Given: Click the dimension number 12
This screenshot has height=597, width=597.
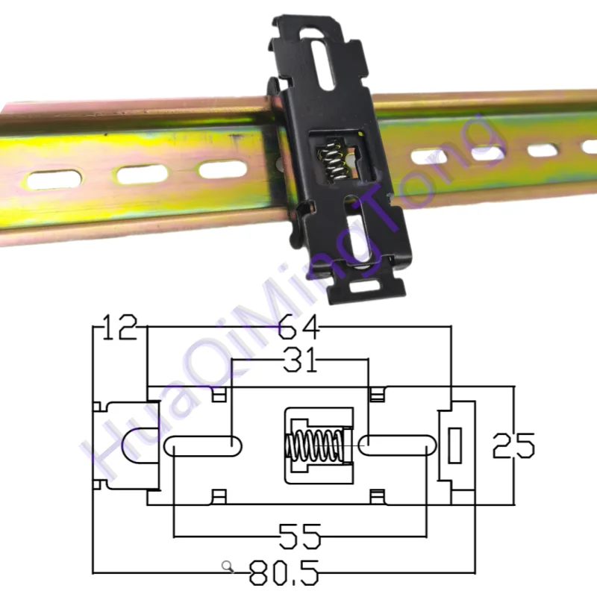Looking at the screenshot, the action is coord(119,327).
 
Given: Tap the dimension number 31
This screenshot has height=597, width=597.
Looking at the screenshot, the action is coord(300,360).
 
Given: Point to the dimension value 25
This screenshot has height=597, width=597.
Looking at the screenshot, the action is coord(513,445).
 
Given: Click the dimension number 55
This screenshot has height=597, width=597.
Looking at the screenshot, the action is coord(300,536).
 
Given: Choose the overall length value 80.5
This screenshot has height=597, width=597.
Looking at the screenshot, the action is coord(284,572).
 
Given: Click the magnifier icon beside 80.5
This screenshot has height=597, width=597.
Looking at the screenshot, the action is coord(228,566).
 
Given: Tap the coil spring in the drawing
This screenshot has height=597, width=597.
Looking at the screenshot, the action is coord(315,445).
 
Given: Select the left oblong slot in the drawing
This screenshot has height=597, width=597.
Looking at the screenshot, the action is coord(203,446).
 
